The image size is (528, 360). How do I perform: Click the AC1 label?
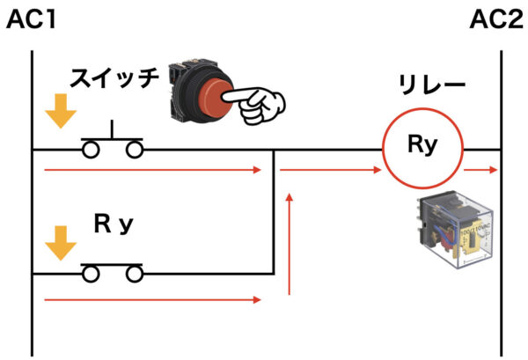[31, 19]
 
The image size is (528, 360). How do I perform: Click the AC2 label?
[496, 19]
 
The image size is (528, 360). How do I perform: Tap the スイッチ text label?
[114, 77]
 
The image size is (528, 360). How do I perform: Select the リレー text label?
[432, 84]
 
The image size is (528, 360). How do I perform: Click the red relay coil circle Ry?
[422, 108]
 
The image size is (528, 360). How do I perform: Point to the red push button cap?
[215, 98]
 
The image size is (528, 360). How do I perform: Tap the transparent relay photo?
[455, 229]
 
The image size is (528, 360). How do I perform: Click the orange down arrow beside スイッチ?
[61, 111]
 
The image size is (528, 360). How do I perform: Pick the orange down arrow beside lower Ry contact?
[61, 243]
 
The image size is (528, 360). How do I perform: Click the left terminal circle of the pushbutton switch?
[91, 150]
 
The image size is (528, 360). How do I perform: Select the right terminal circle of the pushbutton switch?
[135, 150]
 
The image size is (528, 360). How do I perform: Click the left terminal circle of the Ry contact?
[91, 274]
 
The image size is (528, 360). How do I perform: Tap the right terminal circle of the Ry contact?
[135, 274]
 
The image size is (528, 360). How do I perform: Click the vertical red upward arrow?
[289, 244]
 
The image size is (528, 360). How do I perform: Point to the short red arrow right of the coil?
[480, 170]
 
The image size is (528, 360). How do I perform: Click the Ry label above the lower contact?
[114, 224]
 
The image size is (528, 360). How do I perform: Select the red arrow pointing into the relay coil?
[330, 170]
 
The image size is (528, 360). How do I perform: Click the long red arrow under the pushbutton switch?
[153, 170]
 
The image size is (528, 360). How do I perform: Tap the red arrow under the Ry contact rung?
[153, 299]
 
